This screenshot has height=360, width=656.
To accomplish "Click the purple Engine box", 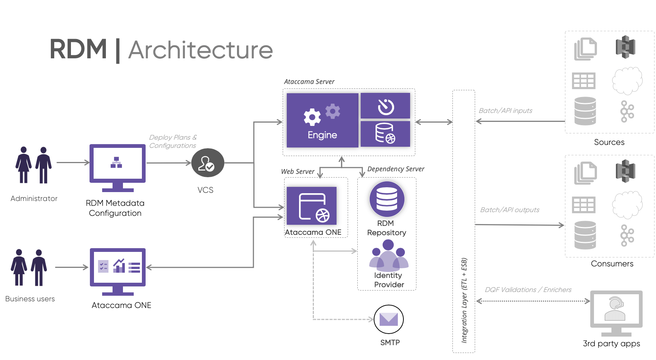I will pyautogui.click(x=322, y=120).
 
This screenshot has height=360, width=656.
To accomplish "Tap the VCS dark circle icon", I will pyautogui.click(x=208, y=163).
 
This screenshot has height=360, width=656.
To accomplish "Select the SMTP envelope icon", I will pyautogui.click(x=389, y=319).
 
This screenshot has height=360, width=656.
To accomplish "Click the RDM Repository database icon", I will pyautogui.click(x=387, y=199).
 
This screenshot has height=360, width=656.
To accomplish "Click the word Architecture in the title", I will pyautogui.click(x=201, y=50).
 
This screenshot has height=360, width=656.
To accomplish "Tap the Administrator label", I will pyautogui.click(x=34, y=198).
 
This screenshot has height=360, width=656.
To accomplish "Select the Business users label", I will pyautogui.click(x=30, y=299).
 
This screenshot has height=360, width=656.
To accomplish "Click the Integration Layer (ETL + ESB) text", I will pyautogui.click(x=464, y=300).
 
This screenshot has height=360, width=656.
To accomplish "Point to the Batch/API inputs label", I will pyautogui.click(x=505, y=110).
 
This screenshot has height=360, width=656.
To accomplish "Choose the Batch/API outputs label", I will pyautogui.click(x=510, y=210).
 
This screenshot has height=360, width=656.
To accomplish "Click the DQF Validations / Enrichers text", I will pyautogui.click(x=528, y=289).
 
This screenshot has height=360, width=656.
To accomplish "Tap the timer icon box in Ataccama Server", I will pyautogui.click(x=385, y=106).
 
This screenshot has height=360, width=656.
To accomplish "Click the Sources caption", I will pyautogui.click(x=609, y=142).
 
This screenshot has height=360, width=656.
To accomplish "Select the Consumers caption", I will pyautogui.click(x=612, y=263).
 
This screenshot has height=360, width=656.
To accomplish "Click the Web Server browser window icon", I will pyautogui.click(x=312, y=206).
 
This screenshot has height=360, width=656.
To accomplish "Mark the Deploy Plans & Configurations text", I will pyautogui.click(x=173, y=142).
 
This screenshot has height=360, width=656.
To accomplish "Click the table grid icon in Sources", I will pyautogui.click(x=584, y=81).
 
